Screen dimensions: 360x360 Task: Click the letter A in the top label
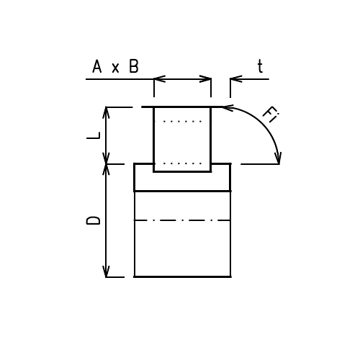[x=97, y=67]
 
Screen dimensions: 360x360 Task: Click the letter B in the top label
[x=134, y=67]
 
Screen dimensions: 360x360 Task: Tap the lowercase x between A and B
[x=116, y=68]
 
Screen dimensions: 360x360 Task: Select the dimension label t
[x=260, y=67]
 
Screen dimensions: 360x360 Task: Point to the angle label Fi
[x=270, y=115]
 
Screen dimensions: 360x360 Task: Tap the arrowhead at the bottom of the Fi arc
[x=278, y=158]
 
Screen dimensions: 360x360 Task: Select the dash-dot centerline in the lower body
[x=182, y=220]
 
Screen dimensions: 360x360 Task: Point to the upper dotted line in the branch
[x=182, y=122]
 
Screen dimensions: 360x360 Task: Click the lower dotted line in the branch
[x=182, y=163]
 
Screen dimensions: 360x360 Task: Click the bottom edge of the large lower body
[x=182, y=276]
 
